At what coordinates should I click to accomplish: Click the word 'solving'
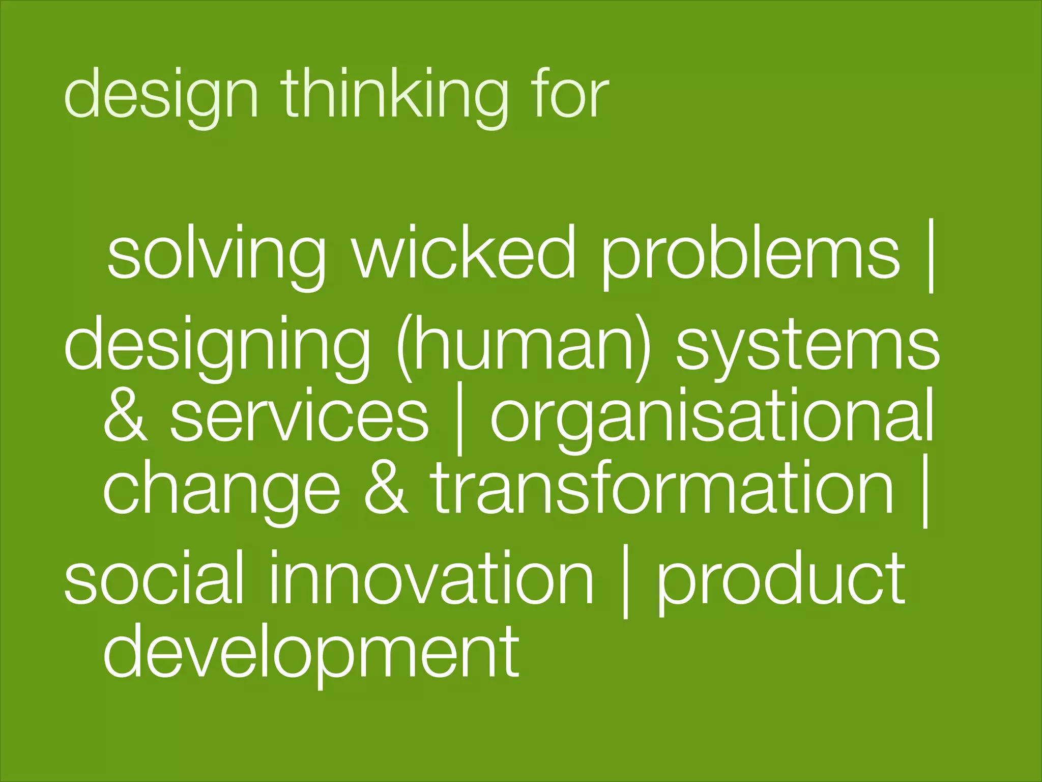216,255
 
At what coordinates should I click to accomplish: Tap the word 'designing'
217,346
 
